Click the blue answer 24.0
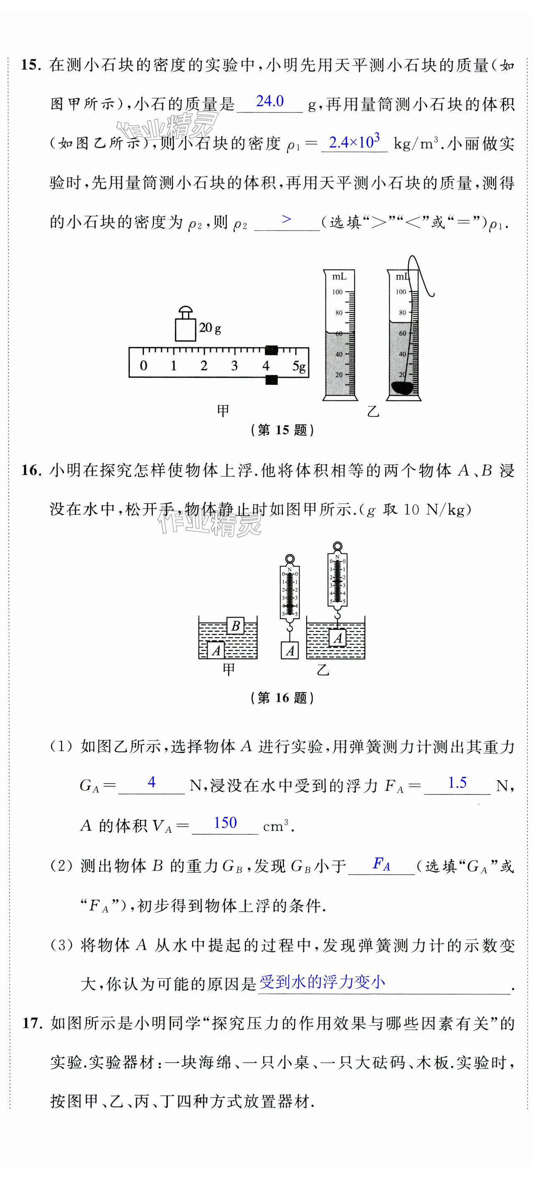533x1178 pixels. point(270,101)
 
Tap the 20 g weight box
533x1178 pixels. point(185,329)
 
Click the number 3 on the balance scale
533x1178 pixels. point(234,365)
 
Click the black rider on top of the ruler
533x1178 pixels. point(272,350)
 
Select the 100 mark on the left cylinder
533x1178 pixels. point(338,292)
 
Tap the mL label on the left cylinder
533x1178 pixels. point(339,276)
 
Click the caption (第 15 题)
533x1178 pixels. point(282,430)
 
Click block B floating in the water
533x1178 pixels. point(236,625)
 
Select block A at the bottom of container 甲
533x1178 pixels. point(216,650)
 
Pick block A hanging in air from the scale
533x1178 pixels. point(289,650)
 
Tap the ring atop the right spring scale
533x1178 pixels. point(338,546)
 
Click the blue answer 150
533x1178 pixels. point(226,823)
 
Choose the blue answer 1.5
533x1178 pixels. point(457,782)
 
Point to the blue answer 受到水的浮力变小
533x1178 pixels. point(322,982)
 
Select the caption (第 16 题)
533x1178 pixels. point(282,697)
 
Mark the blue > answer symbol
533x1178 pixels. point(287,219)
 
